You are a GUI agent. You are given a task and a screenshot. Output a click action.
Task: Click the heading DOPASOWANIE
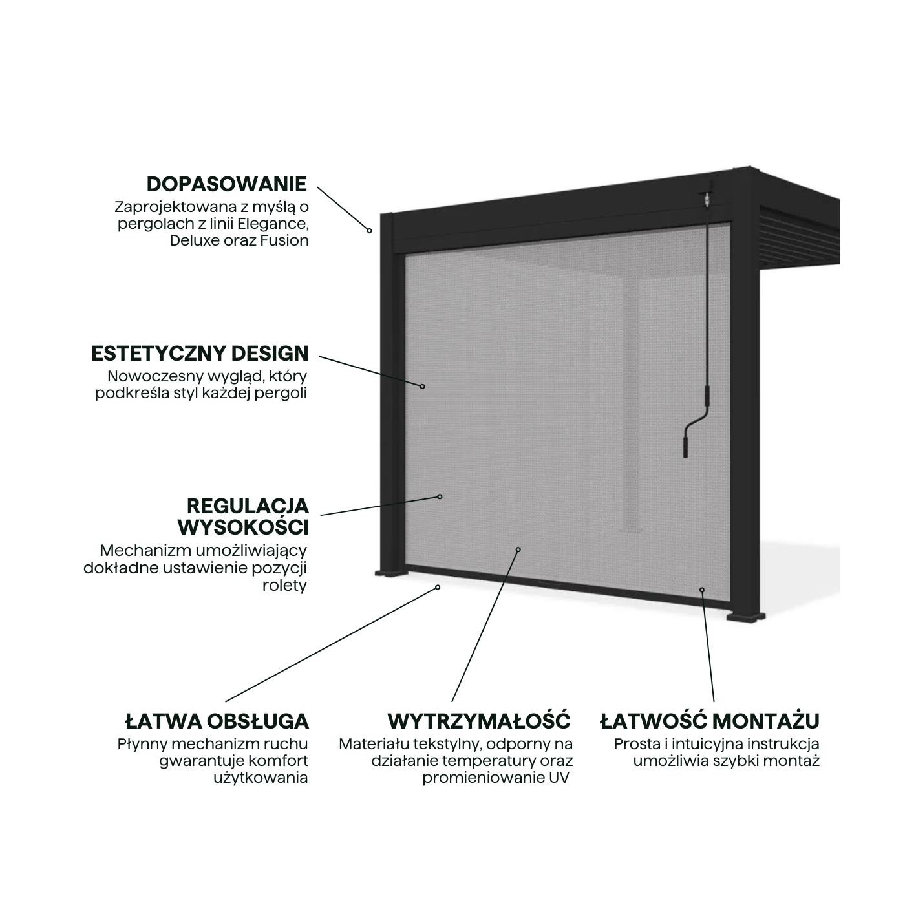227,184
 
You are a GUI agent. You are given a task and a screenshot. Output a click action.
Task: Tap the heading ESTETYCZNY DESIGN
200,354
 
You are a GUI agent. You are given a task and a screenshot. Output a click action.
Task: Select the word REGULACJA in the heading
248,506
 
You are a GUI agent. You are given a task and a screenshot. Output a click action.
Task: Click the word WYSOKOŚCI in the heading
243,528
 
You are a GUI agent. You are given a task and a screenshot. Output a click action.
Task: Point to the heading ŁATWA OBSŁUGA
217,721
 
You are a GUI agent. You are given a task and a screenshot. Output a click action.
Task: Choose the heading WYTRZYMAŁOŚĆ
479,721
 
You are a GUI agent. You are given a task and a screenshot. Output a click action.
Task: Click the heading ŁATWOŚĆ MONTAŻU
710,721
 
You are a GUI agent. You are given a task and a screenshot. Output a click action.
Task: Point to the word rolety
284,586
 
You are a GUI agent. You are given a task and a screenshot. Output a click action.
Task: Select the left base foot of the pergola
390,573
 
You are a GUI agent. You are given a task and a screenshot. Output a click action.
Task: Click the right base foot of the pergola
746,617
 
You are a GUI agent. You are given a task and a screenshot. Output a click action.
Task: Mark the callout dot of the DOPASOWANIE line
370,231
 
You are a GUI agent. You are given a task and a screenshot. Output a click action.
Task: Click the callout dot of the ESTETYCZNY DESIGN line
423,387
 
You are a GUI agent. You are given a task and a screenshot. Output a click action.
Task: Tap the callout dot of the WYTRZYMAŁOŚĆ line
518,549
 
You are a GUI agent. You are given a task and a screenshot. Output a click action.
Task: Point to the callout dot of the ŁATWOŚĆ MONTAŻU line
702,590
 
